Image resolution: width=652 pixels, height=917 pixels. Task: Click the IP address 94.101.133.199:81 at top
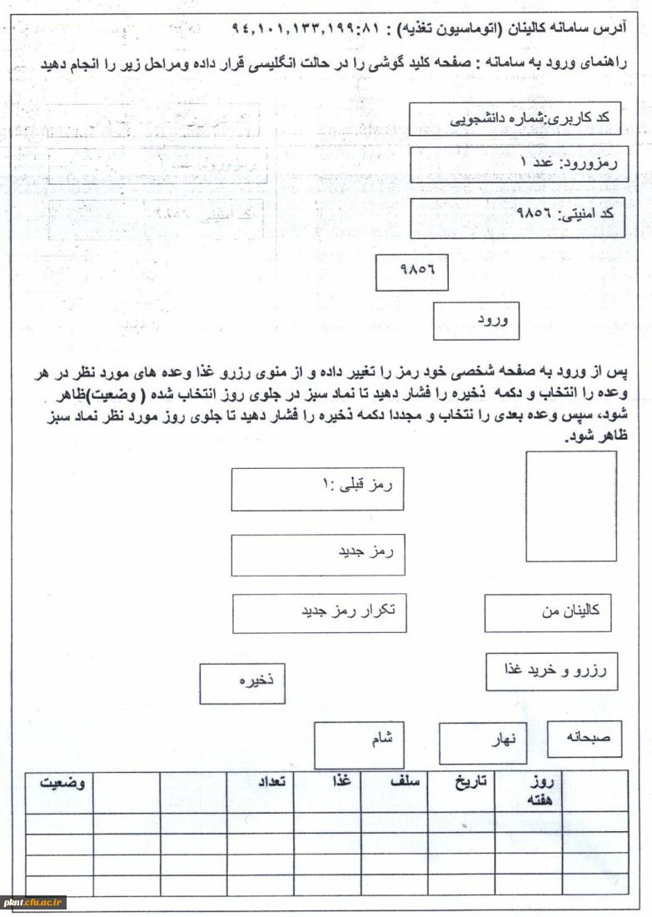tap(307, 27)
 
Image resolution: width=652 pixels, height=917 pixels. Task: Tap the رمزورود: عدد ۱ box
tap(516, 166)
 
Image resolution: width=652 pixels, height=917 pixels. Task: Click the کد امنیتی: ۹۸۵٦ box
tap(516, 214)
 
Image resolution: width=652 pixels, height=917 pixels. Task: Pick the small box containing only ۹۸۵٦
tap(411, 272)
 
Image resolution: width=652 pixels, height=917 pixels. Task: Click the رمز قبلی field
tap(317, 489)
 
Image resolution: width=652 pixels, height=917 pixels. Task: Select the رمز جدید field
tap(317, 555)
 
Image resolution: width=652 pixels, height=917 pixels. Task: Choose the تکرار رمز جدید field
tap(317, 612)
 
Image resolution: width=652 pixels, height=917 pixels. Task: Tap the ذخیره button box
tap(241, 683)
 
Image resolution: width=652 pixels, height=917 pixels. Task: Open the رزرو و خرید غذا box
tap(551, 671)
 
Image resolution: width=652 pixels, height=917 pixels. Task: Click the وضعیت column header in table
tap(58, 785)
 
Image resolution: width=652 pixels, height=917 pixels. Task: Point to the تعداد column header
tap(260, 785)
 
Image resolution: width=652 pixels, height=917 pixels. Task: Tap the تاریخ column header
tap(460, 785)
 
